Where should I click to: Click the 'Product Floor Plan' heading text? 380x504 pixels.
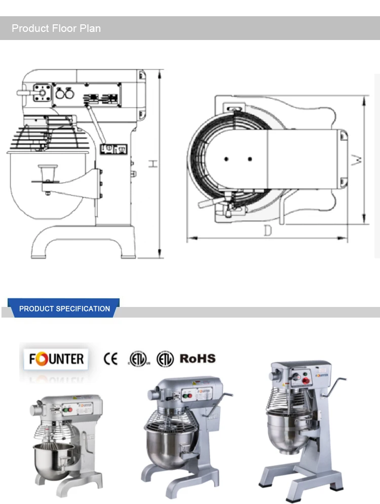tap(56, 28)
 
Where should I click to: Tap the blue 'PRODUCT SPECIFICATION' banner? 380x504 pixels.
tap(64, 308)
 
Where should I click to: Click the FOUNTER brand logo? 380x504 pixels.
tap(56, 359)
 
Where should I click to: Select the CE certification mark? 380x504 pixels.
tap(110, 359)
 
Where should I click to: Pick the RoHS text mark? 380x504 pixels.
tap(198, 359)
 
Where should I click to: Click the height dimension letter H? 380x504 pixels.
tap(153, 164)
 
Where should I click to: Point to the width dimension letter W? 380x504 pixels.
tap(358, 161)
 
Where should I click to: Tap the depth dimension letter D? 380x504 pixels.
tap(268, 231)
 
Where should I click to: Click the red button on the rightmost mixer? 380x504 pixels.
tap(306, 376)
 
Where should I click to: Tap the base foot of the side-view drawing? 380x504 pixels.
tap(84, 243)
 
